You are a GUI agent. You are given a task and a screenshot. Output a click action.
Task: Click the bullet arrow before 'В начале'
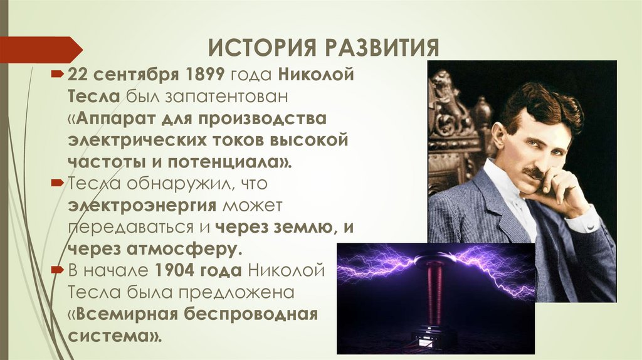58,270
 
